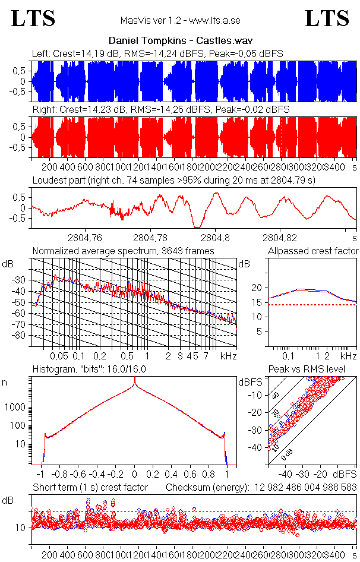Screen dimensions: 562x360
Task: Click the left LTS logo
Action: pos(33,18)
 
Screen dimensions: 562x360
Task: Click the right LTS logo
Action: pos(327,18)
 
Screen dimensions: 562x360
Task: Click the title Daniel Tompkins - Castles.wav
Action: pos(180,42)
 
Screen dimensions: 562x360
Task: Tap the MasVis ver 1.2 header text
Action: pos(180,20)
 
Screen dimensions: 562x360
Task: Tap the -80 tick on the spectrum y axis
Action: pos(20,336)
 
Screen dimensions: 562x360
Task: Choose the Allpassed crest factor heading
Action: pos(313,251)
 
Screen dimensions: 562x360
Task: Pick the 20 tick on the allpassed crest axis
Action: pos(257,288)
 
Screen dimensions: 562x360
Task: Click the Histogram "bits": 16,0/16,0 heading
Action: pos(89,369)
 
